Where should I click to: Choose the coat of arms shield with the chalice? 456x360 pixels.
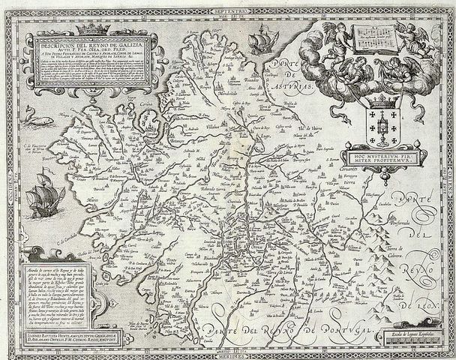click(x=371, y=120)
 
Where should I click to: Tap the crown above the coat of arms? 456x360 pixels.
click(x=371, y=97)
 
